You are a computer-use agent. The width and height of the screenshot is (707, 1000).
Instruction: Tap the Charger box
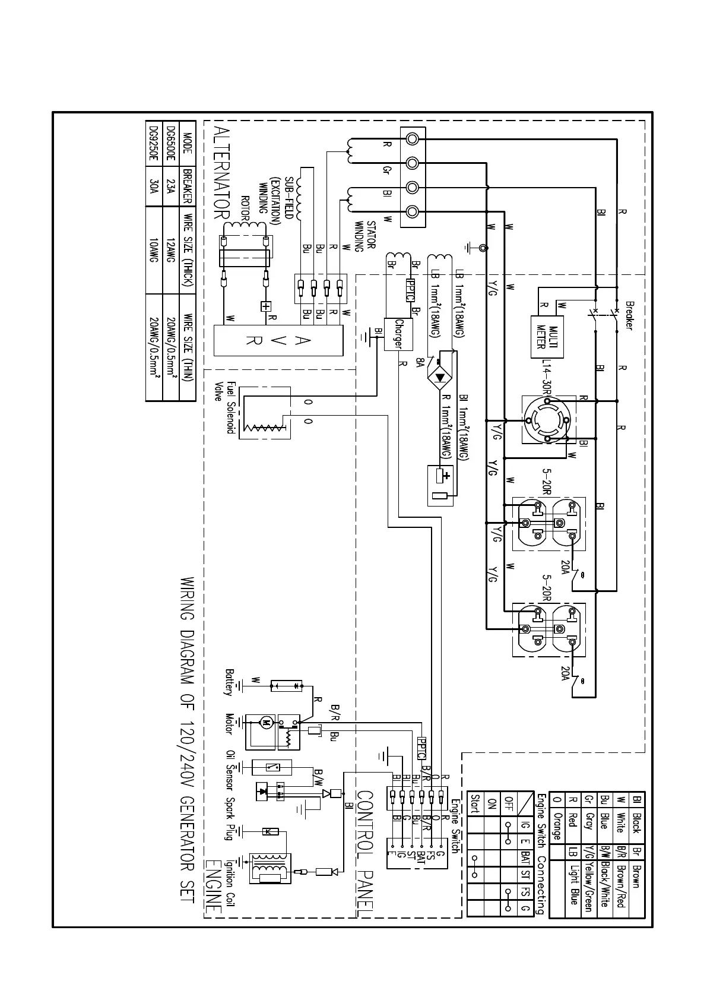(x=398, y=334)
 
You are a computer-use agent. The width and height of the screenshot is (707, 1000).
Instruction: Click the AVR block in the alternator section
(x=278, y=340)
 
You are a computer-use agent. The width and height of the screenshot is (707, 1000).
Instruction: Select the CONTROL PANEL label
(x=364, y=853)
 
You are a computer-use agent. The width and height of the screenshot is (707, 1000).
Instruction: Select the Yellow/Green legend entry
(x=588, y=887)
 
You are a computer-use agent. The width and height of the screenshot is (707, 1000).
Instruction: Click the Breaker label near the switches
(x=629, y=316)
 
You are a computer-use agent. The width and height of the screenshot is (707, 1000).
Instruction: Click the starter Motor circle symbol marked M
(x=265, y=723)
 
